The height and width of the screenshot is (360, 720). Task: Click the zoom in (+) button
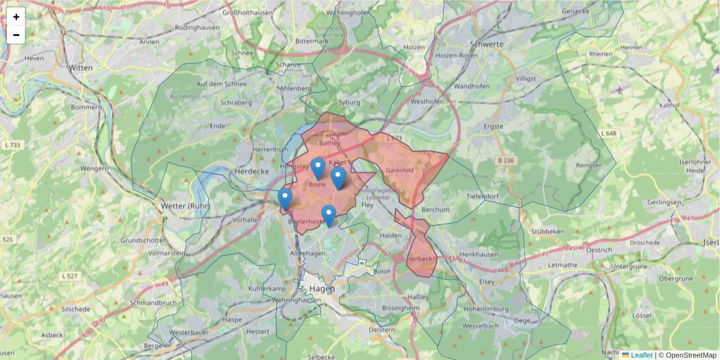click(16, 17)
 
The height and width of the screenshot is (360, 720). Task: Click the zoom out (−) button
click(16, 35)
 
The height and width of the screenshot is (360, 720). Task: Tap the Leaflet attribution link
click(641, 355)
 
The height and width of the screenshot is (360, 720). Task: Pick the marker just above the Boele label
click(319, 169)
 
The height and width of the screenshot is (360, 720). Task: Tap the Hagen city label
click(322, 289)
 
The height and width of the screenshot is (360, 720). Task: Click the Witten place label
click(80, 68)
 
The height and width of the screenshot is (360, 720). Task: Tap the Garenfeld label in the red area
click(400, 170)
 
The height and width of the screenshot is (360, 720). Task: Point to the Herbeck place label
click(419, 259)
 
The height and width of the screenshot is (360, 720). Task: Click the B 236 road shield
click(489, 160)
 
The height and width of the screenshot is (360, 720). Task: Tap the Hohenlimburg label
click(485, 310)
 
